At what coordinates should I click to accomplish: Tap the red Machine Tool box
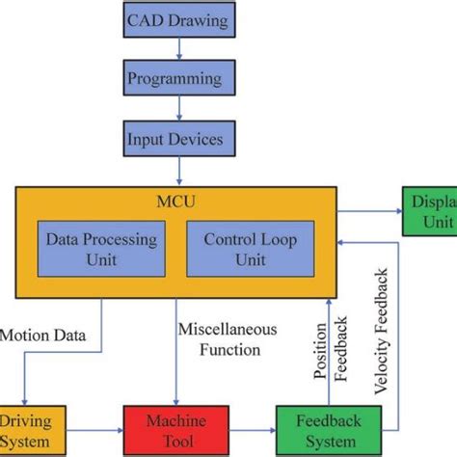point(175,430)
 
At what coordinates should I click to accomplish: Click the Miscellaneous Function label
point(228,338)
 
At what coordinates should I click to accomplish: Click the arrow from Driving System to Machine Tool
point(94,430)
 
